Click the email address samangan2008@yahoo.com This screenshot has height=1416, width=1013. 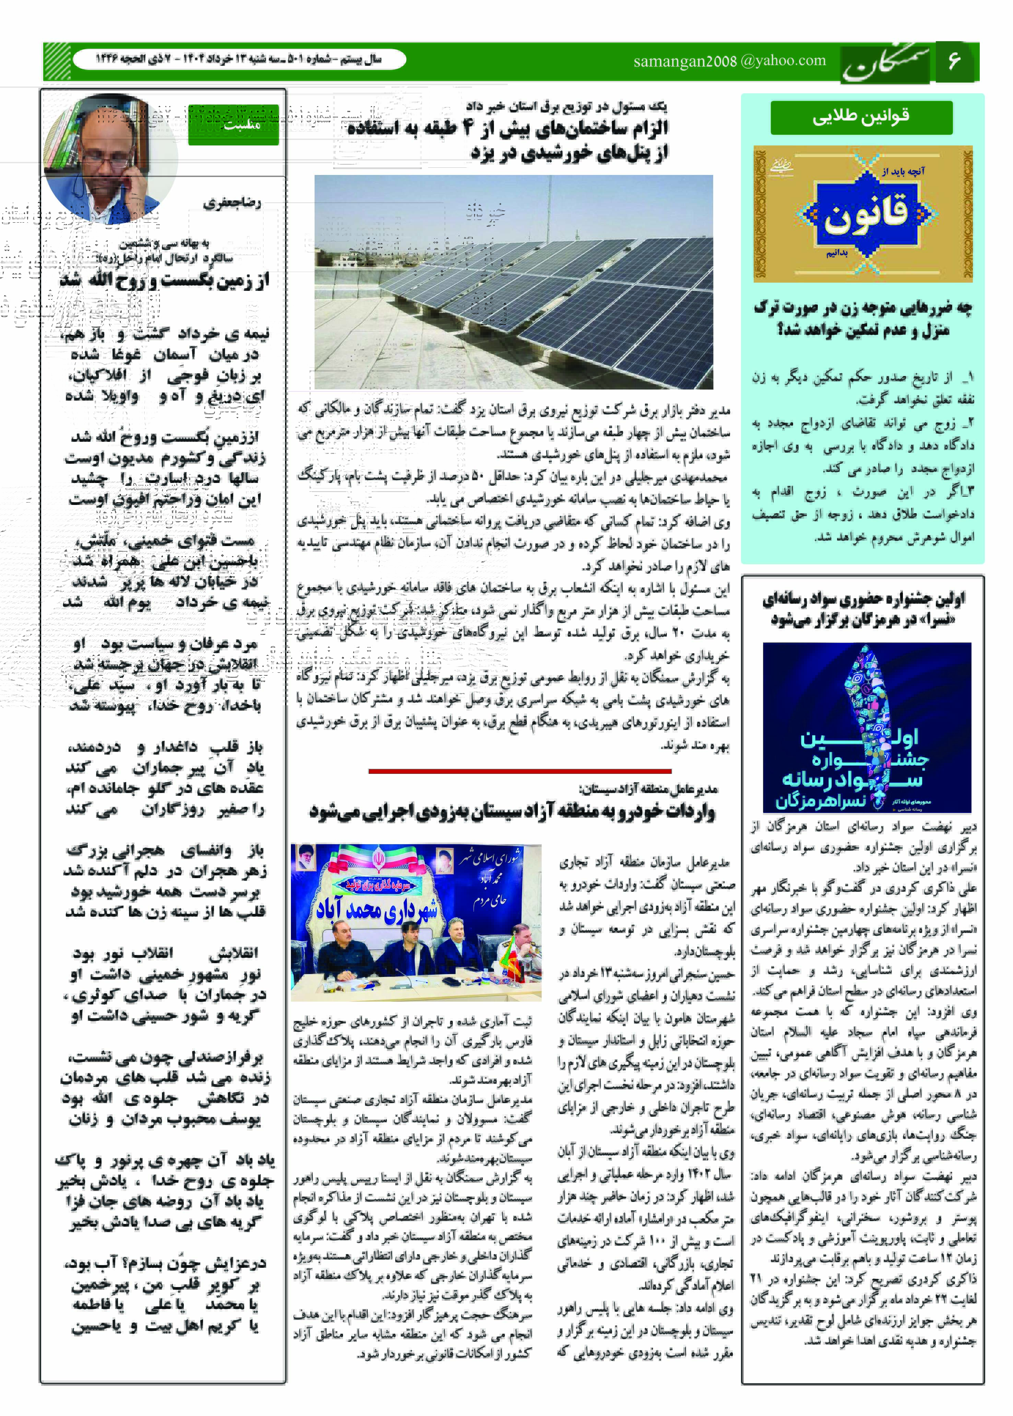pos(729,61)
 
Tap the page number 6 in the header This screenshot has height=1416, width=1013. pos(954,61)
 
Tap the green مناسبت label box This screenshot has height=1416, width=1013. pos(233,125)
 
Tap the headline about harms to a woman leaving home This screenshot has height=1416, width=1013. pos(863,318)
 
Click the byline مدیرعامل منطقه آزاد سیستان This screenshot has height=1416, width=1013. pos(649,789)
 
